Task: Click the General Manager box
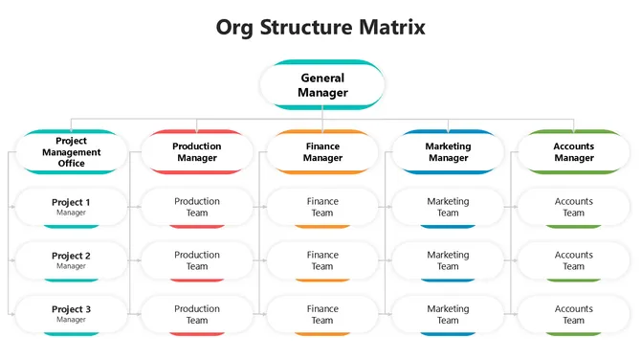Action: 322,85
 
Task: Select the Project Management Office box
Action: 71,151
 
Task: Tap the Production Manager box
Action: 197,151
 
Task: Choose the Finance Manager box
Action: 322,151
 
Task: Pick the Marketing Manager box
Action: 448,151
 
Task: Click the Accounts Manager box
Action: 574,151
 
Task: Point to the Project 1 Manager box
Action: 71,207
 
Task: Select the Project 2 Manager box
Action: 71,260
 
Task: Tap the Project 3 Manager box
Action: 71,314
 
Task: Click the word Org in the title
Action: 234,27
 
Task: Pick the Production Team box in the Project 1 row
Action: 197,207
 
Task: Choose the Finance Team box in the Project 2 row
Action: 322,260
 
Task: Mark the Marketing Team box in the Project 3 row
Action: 448,314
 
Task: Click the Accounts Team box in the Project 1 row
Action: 574,207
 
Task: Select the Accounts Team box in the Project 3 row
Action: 574,314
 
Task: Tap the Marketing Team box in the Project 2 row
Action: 448,260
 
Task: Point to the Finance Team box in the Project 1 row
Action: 322,207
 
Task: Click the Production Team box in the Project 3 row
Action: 197,314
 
